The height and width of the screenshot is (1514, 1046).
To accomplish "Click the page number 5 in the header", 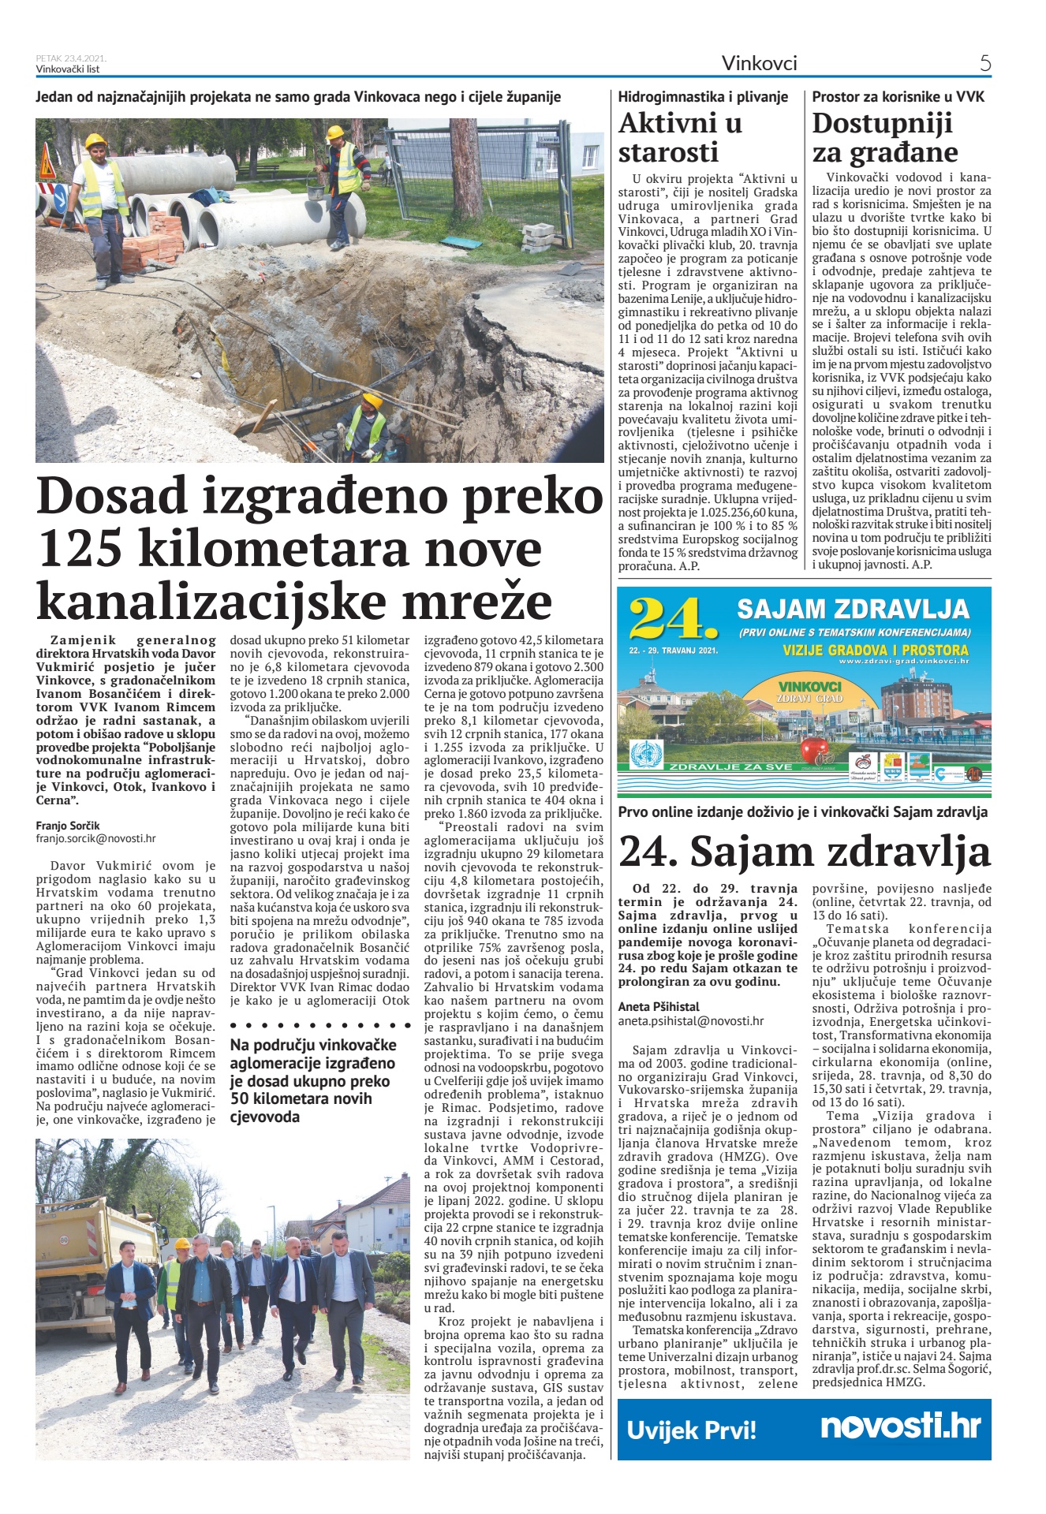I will [x=985, y=63].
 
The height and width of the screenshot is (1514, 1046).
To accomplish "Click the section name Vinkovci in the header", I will [x=759, y=63].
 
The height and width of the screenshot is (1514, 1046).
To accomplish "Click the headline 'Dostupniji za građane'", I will [x=884, y=137].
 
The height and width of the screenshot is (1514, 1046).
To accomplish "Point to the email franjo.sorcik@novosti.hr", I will [x=95, y=839].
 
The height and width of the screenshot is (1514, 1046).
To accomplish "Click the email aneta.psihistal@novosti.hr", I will [x=690, y=1020].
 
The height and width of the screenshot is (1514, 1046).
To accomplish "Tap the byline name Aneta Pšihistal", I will [x=659, y=1006].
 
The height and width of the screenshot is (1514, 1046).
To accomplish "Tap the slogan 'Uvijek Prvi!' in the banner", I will [x=691, y=1430].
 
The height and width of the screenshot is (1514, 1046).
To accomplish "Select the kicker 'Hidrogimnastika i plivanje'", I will [x=703, y=97].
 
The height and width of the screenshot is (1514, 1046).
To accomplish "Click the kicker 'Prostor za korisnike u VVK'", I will [x=898, y=97].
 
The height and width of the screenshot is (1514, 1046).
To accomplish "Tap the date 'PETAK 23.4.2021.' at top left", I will [x=71, y=58].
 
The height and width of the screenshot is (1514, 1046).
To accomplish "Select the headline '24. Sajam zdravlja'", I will [x=804, y=852].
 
